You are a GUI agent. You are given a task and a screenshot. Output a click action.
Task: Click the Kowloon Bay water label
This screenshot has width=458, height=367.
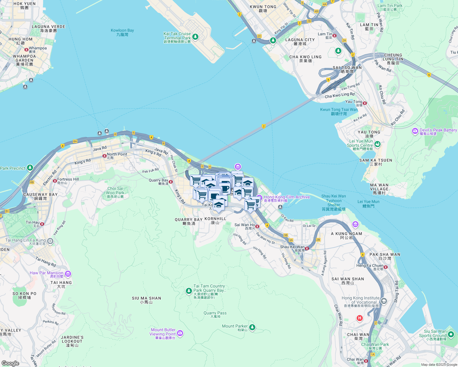click(122, 32)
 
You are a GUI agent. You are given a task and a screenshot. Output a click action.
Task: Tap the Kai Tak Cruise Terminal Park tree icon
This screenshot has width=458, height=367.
click(195, 37)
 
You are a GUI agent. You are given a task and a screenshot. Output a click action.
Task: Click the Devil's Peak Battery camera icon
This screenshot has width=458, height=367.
click(415, 131)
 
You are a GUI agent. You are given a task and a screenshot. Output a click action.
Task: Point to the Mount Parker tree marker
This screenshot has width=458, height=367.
click(252, 328)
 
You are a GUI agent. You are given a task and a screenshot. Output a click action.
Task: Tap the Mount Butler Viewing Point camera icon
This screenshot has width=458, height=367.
click(180, 333)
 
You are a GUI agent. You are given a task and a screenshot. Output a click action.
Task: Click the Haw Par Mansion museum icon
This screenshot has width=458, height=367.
click(68, 274)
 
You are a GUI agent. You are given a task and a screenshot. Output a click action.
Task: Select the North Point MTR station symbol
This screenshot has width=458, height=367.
click(105, 156)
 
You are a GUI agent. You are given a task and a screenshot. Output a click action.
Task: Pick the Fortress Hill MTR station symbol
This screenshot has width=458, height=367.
click(55, 181)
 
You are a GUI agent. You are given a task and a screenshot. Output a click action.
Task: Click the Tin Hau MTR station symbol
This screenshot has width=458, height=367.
click(42, 224)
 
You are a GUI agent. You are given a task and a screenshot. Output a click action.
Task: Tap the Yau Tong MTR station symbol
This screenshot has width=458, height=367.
click(365, 103)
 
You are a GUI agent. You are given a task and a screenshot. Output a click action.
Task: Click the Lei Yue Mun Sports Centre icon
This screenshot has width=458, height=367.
click(377, 144)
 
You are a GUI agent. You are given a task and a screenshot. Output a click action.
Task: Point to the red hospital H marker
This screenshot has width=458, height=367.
click(360, 318)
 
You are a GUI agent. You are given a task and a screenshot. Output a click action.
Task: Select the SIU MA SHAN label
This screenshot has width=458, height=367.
click(146, 300)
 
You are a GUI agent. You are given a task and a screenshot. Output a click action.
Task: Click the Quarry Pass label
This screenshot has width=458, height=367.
click(215, 314)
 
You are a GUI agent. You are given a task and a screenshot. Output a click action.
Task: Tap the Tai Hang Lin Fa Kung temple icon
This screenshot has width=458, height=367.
click(50, 241)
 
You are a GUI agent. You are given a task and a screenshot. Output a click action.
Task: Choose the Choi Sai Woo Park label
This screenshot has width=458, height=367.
click(115, 193)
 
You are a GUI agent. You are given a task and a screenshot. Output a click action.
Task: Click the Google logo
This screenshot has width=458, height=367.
click(10, 363)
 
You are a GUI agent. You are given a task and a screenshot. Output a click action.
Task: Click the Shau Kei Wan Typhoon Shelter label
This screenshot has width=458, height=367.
click(334, 203)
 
